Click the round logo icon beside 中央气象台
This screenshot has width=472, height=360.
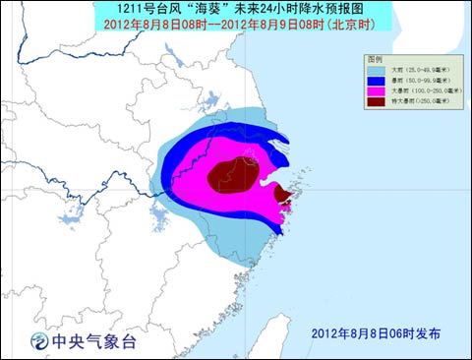[x=37, y=341]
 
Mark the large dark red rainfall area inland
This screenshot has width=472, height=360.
[x=232, y=174]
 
